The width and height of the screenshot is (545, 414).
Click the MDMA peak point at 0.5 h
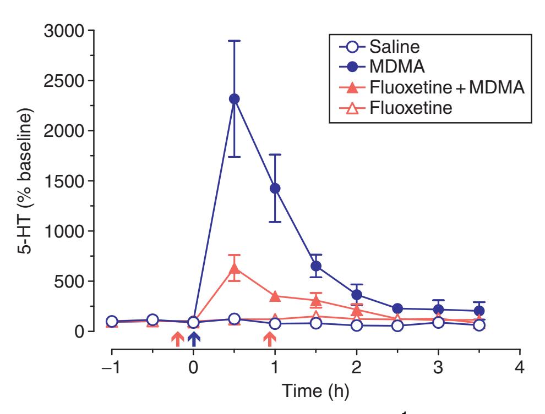(x=234, y=99)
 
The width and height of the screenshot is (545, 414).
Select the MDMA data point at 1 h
(x=275, y=188)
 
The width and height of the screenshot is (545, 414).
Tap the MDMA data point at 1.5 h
(x=316, y=266)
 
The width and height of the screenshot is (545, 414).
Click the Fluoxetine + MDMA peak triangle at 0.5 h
(x=234, y=269)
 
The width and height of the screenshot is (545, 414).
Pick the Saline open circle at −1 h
(x=112, y=322)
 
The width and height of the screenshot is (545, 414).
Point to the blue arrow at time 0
(x=193, y=340)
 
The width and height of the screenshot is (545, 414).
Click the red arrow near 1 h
(x=269, y=340)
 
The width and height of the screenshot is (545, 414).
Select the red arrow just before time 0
(x=177, y=340)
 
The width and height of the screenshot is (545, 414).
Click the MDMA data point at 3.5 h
(x=479, y=311)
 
